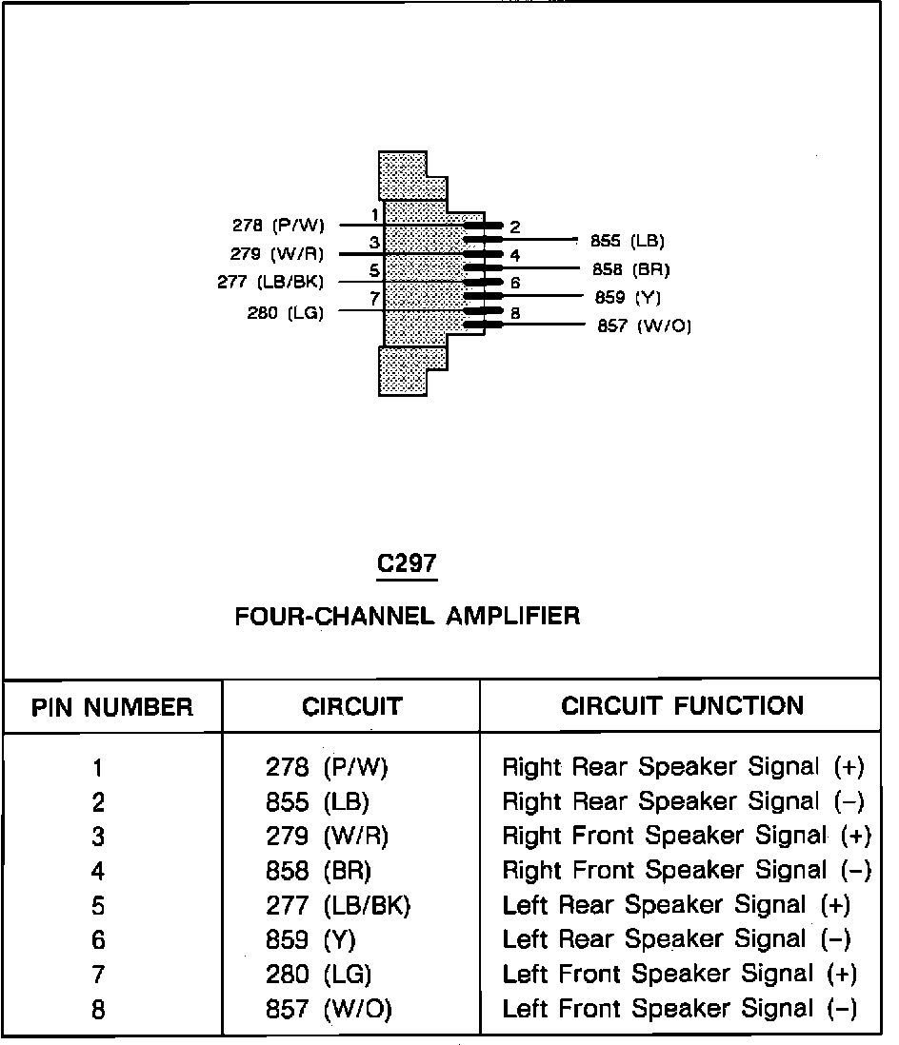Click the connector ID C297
point(407,563)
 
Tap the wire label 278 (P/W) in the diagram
point(278,226)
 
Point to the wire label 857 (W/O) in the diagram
point(644,326)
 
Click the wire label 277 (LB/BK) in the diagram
point(270,282)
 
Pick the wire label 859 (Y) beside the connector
point(628,298)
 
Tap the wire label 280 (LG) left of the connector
point(286,312)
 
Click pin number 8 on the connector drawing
point(515,312)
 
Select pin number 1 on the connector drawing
point(375,215)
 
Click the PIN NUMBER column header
point(112,708)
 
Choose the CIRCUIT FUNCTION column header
point(682,706)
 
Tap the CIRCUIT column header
point(351,707)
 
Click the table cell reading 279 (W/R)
point(327,837)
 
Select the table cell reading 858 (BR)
point(318,871)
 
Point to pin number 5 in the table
point(98,906)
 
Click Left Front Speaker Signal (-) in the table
point(679,1009)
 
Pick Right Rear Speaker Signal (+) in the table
point(682,767)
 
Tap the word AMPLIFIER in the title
point(513,616)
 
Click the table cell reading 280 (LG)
point(318,975)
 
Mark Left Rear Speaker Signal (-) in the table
point(676,940)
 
